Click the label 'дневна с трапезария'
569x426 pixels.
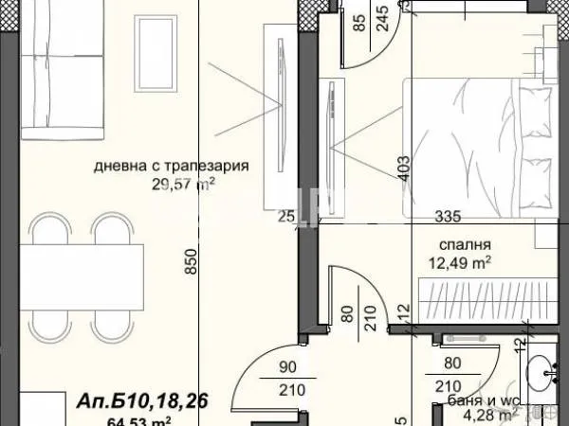click(x=171, y=166)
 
